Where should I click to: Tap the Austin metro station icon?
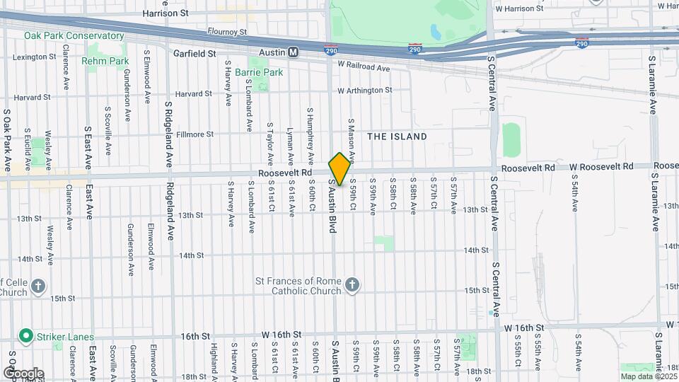point(293,52)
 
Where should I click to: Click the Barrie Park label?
point(259,72)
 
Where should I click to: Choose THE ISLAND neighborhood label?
point(397,136)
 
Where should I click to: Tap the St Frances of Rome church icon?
point(352,286)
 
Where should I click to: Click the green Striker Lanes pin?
point(26,335)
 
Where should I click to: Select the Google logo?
point(23,374)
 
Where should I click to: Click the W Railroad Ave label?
point(364,68)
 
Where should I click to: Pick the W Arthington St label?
point(364,91)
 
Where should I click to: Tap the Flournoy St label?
point(227,32)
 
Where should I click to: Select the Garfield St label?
point(195,53)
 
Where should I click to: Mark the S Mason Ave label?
point(350,139)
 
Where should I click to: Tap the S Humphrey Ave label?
point(310,136)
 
